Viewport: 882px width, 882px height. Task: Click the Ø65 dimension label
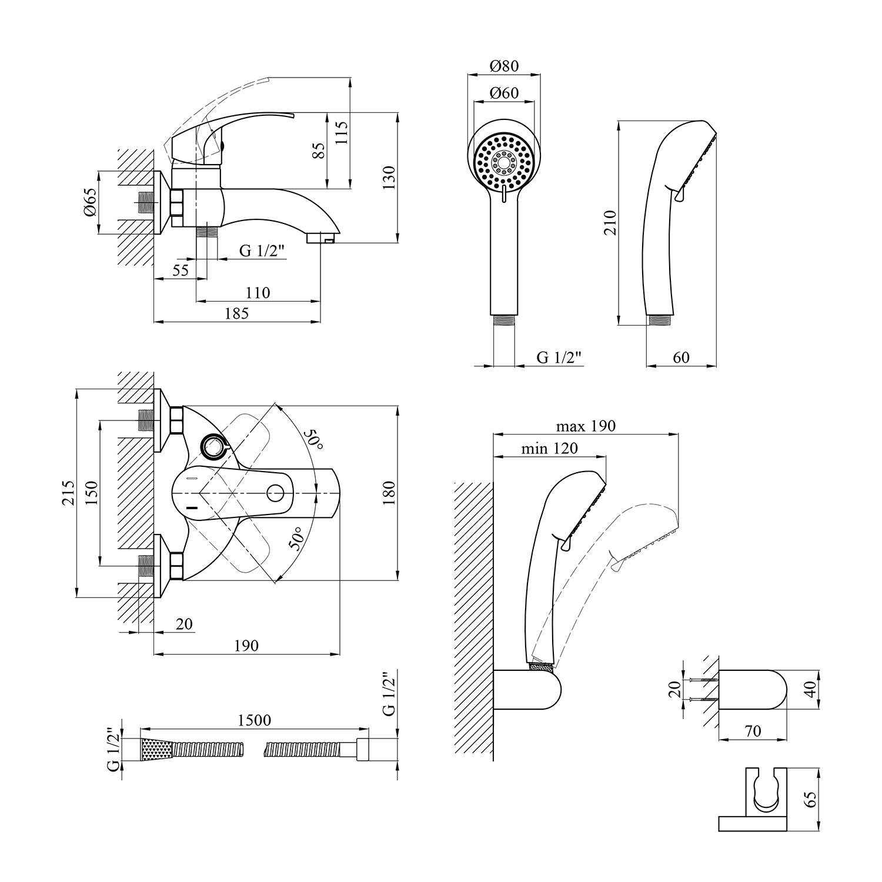click(x=89, y=203)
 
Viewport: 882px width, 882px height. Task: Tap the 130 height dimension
click(x=389, y=176)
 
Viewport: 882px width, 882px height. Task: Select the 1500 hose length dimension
click(x=254, y=720)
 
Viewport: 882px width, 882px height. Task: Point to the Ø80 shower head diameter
click(x=504, y=66)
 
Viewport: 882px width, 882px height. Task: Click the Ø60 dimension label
click(x=504, y=93)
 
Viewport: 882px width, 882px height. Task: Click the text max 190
click(x=586, y=425)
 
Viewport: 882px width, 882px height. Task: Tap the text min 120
click(x=549, y=448)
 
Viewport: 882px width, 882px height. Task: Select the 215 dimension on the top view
click(x=68, y=493)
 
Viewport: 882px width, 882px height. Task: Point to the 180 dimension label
click(x=389, y=493)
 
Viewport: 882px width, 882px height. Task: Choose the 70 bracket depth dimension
click(x=753, y=731)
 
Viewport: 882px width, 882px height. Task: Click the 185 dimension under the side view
click(x=236, y=313)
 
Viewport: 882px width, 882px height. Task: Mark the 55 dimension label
click(x=181, y=270)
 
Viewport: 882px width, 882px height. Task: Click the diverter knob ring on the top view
click(x=213, y=447)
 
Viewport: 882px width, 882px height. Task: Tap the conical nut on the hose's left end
click(x=156, y=749)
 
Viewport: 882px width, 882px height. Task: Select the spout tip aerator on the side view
click(x=322, y=238)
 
